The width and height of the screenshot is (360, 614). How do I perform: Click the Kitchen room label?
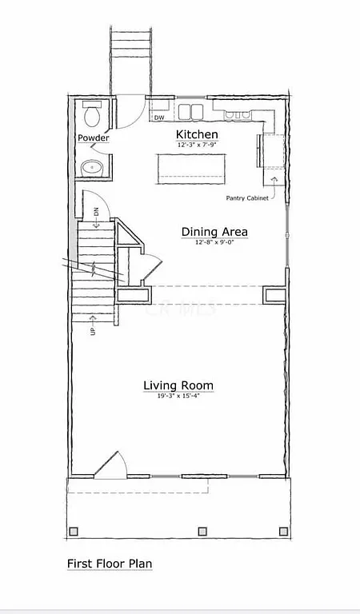pos(197,134)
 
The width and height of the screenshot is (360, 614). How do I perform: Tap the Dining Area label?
pos(214,232)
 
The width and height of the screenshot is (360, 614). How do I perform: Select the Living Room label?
pos(178,386)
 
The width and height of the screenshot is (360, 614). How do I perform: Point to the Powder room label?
pos(93,138)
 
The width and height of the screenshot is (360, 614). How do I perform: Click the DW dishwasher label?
pos(159,118)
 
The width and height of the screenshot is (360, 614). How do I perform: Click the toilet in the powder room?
pos(91,117)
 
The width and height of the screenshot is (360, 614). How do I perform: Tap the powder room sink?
pos(93,168)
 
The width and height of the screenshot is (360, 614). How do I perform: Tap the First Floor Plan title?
pos(110,564)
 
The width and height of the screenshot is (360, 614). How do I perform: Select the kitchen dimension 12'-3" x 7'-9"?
pos(197,145)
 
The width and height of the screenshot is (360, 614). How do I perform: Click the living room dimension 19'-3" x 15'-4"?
pos(178,397)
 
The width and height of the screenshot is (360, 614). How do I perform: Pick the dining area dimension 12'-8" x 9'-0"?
pos(214,242)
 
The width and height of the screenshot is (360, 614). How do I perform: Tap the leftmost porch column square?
pos(75,531)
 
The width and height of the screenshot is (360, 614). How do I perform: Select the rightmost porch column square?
pos(281,531)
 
